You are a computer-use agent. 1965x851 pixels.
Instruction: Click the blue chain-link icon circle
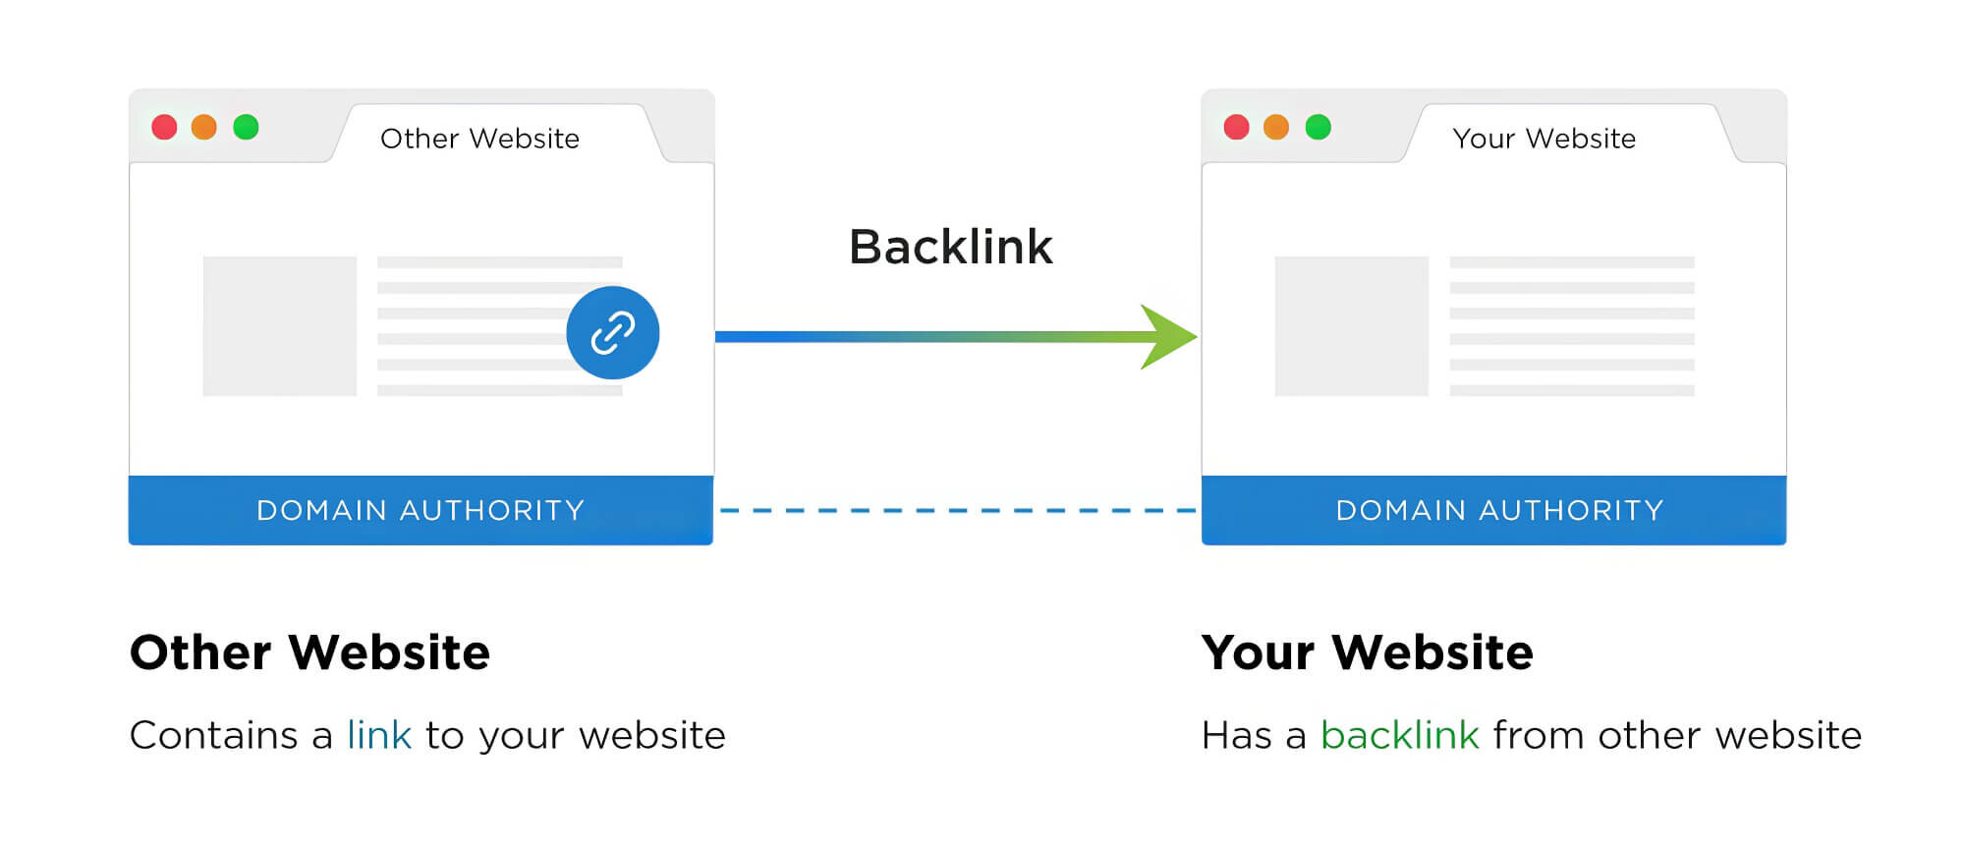click(612, 332)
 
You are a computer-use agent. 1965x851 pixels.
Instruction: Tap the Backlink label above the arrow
click(950, 247)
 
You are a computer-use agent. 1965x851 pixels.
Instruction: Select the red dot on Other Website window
click(164, 127)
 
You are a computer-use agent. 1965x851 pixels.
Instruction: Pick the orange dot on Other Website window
click(204, 127)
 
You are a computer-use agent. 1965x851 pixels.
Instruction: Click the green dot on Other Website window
click(246, 127)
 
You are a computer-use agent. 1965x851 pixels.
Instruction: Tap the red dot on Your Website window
click(1236, 127)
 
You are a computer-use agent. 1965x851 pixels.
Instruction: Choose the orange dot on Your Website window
click(1276, 127)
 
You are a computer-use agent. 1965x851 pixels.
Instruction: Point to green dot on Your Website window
click(1318, 127)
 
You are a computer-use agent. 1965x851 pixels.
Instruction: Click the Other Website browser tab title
click(479, 139)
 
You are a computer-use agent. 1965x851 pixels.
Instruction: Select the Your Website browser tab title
click(1544, 139)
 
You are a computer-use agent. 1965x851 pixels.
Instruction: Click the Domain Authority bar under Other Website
click(421, 510)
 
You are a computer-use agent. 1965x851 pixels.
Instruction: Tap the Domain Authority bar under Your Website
click(1493, 510)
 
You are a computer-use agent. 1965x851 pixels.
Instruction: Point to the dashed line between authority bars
click(958, 511)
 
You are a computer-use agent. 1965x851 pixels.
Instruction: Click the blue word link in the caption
click(378, 735)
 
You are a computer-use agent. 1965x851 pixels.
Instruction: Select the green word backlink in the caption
click(1399, 735)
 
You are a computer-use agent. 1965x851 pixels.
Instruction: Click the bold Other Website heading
click(309, 652)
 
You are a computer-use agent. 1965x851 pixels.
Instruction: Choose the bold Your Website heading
click(1367, 652)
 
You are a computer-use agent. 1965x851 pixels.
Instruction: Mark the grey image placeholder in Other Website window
click(279, 326)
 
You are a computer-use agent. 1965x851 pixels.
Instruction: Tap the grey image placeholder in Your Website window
click(1351, 326)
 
